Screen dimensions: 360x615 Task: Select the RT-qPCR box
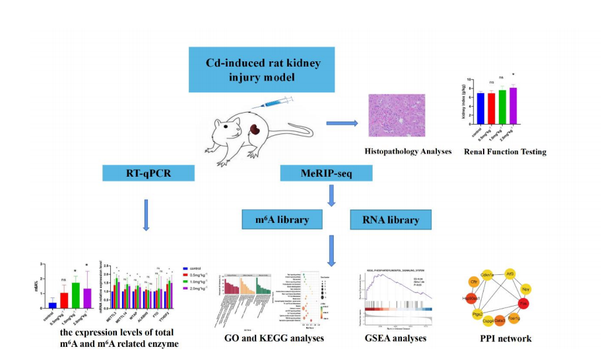point(148,173)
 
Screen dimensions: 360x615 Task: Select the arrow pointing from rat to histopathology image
point(342,123)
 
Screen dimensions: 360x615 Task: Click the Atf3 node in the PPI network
point(510,273)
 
